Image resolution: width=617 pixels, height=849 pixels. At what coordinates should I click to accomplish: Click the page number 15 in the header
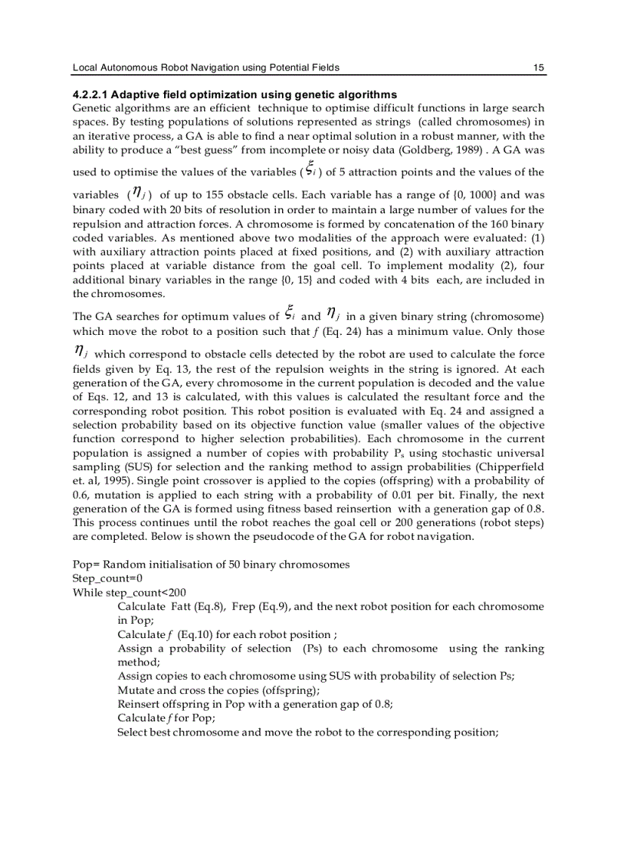(x=538, y=68)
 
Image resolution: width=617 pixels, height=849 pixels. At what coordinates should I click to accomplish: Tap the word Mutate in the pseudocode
(x=135, y=690)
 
